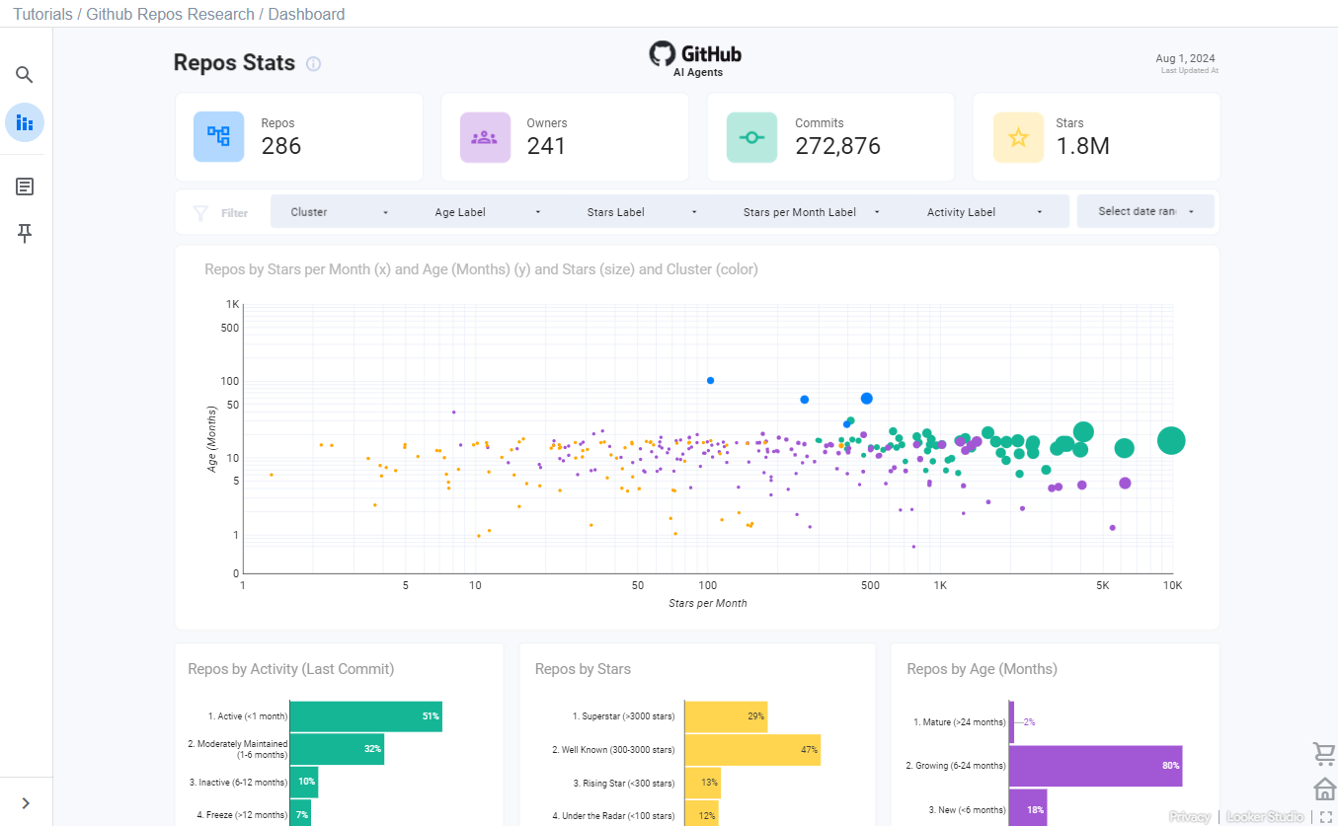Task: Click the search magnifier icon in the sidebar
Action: (25, 75)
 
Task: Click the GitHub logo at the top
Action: (695, 54)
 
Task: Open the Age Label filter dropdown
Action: (488, 212)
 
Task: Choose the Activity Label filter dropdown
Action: (984, 212)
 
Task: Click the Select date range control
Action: (1145, 211)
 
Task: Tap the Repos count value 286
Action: (281, 146)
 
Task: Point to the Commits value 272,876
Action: (837, 146)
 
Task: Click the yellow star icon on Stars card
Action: (1018, 137)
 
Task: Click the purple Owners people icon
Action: (485, 137)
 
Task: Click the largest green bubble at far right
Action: (1170, 441)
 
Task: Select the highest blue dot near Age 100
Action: (710, 380)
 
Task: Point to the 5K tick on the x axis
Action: (1102, 585)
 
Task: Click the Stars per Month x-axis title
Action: (707, 603)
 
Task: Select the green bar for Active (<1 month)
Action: (365, 716)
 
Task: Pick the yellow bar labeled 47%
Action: (752, 750)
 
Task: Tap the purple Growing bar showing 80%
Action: (1094, 766)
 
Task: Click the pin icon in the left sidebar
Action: (25, 233)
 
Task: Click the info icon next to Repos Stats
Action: (313, 64)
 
